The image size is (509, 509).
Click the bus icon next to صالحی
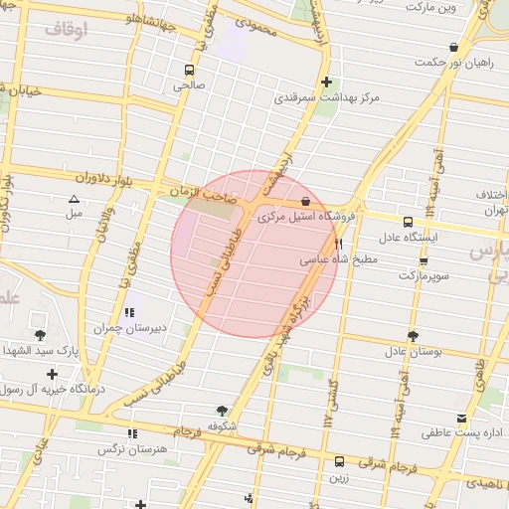click(189, 70)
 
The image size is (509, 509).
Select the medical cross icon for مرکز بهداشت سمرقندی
click(326, 82)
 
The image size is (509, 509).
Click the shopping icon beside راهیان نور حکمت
click(454, 47)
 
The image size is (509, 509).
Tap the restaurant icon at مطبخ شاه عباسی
click(339, 244)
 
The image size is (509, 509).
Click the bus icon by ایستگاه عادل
click(408, 222)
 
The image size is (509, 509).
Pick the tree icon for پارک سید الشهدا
click(40, 335)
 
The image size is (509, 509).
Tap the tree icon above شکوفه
click(221, 409)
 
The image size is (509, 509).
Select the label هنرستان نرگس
click(129, 449)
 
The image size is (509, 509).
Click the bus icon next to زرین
click(340, 461)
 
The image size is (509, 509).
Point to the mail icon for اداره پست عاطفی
click(460, 419)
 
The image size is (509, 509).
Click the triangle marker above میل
click(73, 199)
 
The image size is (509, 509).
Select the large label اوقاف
click(66, 29)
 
